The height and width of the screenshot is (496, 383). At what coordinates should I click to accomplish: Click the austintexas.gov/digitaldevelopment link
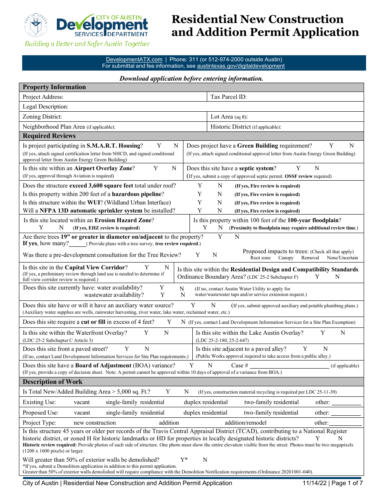(241, 66)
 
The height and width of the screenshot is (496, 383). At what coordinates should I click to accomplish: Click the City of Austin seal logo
(36, 25)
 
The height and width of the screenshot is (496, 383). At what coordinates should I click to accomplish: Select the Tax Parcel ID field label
(229, 97)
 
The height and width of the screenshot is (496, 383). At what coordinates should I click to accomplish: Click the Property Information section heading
(54, 87)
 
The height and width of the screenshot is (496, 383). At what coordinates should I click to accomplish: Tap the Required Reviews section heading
(49, 136)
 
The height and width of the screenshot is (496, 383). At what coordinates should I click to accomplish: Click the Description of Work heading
(52, 382)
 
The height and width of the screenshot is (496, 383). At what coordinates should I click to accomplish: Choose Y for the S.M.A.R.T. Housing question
(159, 146)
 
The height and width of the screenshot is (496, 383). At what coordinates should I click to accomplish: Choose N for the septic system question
(317, 168)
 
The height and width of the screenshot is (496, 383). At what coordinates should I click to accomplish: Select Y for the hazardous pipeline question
(200, 194)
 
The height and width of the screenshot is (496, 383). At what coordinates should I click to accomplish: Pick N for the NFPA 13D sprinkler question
(220, 210)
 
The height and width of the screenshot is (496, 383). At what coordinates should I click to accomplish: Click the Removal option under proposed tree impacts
(310, 258)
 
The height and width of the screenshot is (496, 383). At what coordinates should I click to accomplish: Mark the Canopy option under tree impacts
(286, 258)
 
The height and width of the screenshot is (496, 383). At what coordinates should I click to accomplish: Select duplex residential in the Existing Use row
(206, 402)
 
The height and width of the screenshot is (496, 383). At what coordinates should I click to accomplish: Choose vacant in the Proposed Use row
(82, 413)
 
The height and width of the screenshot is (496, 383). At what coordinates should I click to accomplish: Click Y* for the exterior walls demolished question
(184, 460)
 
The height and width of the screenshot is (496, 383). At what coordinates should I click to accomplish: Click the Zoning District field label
(42, 117)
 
